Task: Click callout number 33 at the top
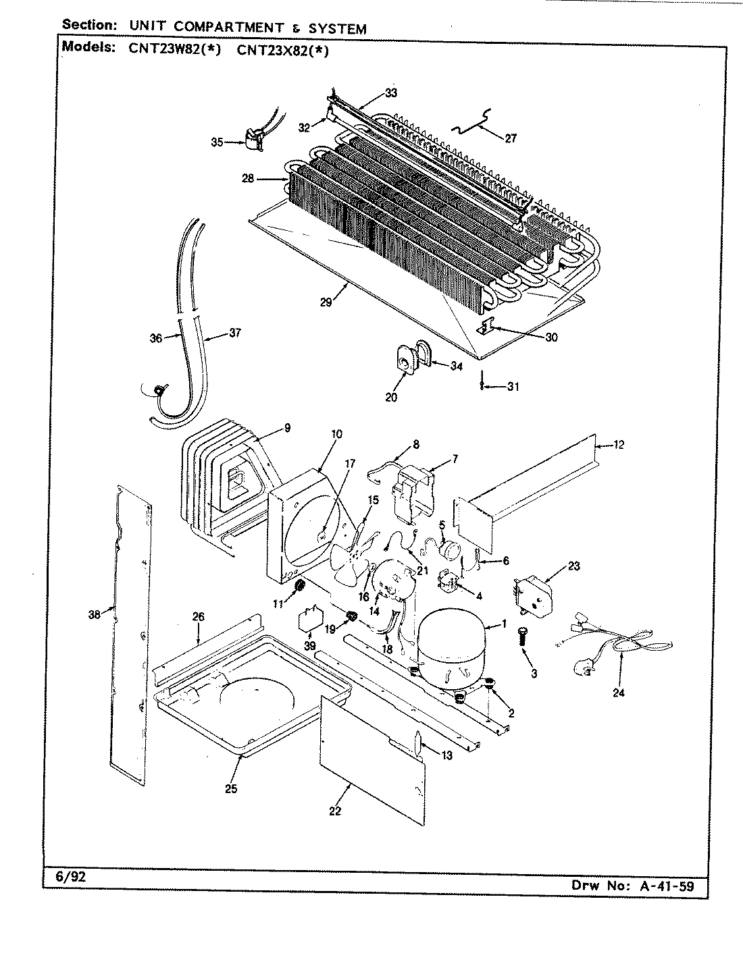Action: (391, 93)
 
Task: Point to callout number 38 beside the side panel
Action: (95, 614)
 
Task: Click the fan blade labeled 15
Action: (351, 550)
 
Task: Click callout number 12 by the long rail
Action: (619, 444)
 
